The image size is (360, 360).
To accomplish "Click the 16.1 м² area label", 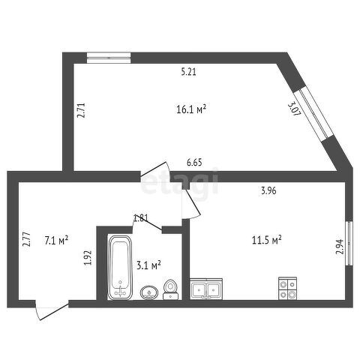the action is pyautogui.click(x=191, y=109).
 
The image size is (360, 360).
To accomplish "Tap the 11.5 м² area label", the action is pyautogui.click(x=267, y=241).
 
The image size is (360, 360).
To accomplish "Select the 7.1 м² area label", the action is pyautogui.click(x=56, y=241).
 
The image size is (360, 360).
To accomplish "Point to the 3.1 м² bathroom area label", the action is pyautogui.click(x=148, y=265).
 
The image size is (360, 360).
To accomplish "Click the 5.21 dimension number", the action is pyautogui.click(x=189, y=72).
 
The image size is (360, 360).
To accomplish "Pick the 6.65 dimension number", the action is pyautogui.click(x=194, y=163).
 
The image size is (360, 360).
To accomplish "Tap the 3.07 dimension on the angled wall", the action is pyautogui.click(x=294, y=109).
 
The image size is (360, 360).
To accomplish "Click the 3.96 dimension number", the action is pyautogui.click(x=268, y=191).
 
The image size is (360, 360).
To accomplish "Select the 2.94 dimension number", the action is pyautogui.click(x=340, y=247).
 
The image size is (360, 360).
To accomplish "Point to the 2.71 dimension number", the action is pyautogui.click(x=81, y=110).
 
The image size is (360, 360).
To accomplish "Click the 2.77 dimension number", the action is pyautogui.click(x=26, y=239).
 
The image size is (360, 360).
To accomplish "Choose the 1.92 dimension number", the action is pyautogui.click(x=88, y=258).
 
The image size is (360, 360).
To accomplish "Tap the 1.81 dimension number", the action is pyautogui.click(x=141, y=218).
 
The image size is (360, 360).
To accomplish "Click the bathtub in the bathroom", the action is pyautogui.click(x=120, y=267).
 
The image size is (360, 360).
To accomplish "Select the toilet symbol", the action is pyautogui.click(x=171, y=289).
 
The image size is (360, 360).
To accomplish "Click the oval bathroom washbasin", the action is pyautogui.click(x=149, y=292).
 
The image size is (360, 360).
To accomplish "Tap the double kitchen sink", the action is pyautogui.click(x=206, y=289).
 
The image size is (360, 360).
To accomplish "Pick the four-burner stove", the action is pyautogui.click(x=288, y=288).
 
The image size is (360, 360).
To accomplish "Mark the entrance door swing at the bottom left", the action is pyautogui.click(x=52, y=310).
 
